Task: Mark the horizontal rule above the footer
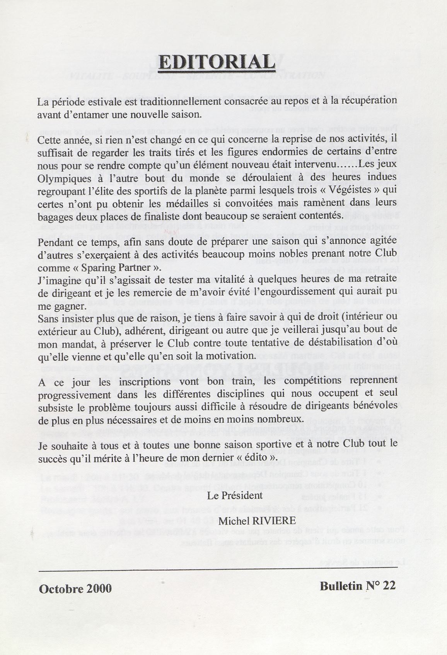click(x=218, y=568)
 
